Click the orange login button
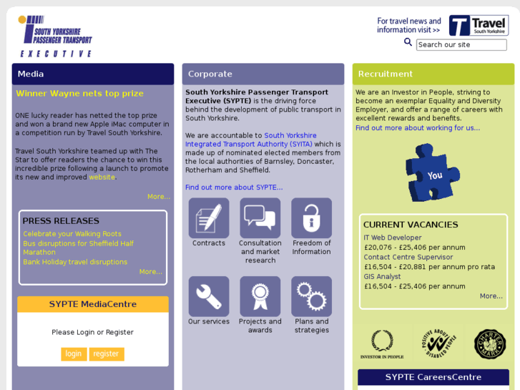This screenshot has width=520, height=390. pos(74,354)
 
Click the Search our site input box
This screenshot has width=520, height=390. pos(461,44)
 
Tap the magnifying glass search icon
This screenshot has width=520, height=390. pos(408,42)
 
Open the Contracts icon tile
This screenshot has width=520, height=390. pos(209,218)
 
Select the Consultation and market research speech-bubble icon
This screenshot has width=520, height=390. pos(260,218)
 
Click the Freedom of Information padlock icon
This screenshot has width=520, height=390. pos(311,218)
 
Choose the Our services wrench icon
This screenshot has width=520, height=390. pos(209,296)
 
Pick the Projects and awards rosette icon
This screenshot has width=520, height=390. pos(260,296)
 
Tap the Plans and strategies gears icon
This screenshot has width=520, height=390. pos(311,296)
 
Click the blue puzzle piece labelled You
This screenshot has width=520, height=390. pos(432,172)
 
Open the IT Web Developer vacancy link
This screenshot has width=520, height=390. pos(393,238)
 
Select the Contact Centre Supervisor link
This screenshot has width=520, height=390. pos(408,257)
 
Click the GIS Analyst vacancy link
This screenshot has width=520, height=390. pos(382,276)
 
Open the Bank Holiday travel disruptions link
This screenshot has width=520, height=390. pos(75,262)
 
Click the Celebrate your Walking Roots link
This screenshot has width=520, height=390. pos(72,234)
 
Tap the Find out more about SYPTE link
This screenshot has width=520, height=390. pos(234,187)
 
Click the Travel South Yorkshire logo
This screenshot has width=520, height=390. pos(479,26)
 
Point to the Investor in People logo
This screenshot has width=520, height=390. pos(382,344)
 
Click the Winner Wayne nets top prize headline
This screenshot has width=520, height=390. pos(80,93)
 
